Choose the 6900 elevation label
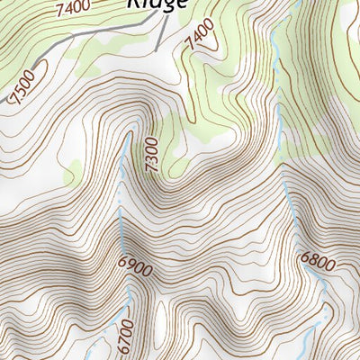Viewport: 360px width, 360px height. (x=134, y=267)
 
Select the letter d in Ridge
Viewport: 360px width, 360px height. (x=155, y=3)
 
